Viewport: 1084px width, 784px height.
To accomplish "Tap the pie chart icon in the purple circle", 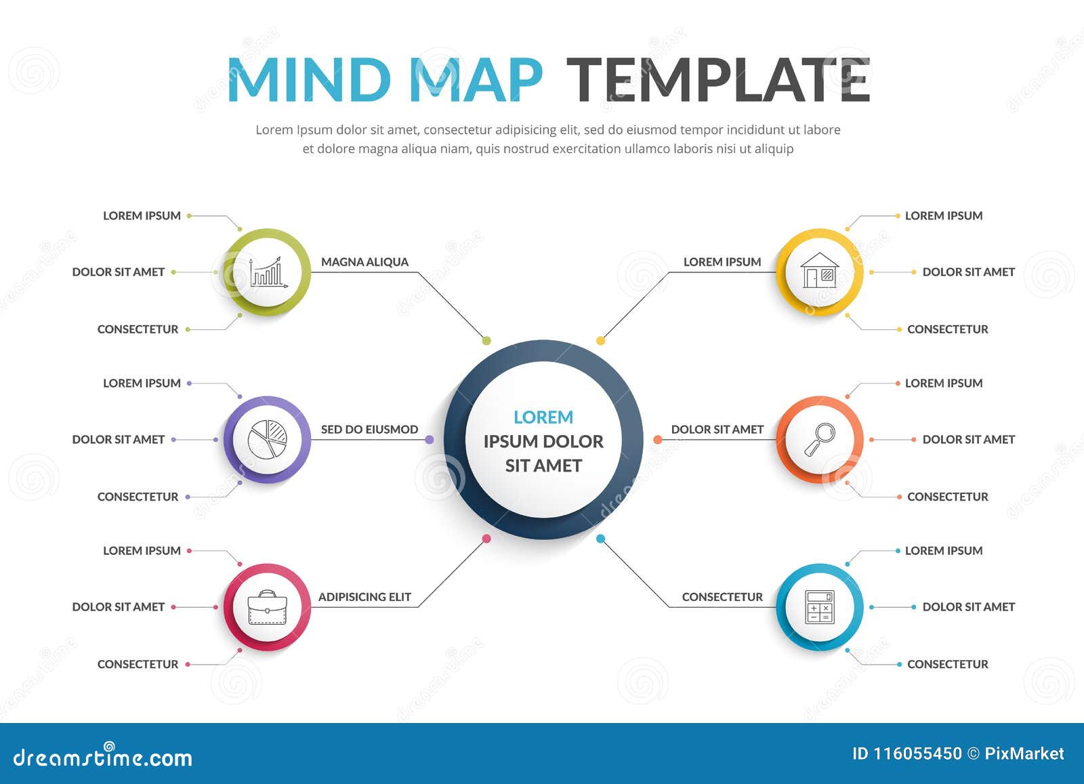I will [267, 440].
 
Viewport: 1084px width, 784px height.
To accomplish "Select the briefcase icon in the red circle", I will [267, 607].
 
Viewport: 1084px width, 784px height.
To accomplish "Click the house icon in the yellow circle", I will [820, 271].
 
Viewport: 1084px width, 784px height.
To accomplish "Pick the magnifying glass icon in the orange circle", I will [820, 439].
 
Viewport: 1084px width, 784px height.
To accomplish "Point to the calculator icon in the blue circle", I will [820, 607].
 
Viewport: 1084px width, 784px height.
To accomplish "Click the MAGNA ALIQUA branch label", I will [364, 262].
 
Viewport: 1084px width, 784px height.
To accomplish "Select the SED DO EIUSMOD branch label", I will [369, 430].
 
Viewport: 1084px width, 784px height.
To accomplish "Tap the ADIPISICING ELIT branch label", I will [364, 597].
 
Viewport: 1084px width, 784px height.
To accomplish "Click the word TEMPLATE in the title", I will [717, 80].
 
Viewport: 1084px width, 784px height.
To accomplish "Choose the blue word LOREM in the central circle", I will [543, 417].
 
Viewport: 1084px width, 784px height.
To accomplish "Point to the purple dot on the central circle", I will [430, 440].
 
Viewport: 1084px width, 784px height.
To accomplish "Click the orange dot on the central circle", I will [657, 440].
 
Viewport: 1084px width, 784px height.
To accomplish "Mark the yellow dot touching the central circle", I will [600, 341].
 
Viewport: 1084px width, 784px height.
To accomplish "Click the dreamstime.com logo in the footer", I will [103, 756].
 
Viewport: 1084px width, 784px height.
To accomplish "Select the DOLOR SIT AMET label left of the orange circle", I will [717, 430].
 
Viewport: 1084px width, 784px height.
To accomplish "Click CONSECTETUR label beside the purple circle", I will [138, 497].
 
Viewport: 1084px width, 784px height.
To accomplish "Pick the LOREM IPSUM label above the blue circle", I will [943, 551].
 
